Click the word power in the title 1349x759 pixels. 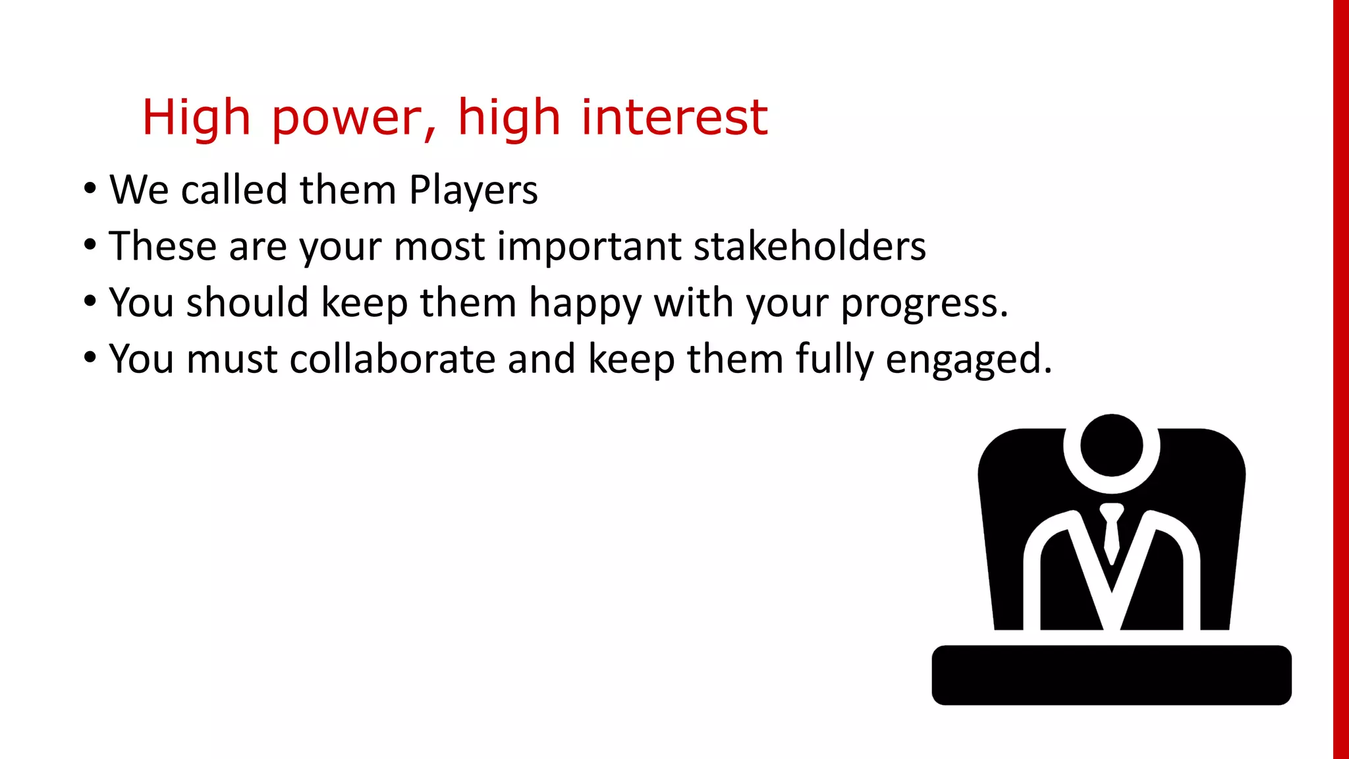[x=354, y=119]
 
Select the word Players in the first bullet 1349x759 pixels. [x=473, y=191]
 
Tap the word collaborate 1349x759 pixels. [x=392, y=360]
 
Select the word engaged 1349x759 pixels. [x=968, y=360]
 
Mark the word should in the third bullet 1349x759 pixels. [x=248, y=303]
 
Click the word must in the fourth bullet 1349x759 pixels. [x=232, y=360]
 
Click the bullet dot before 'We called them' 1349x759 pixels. [x=90, y=190]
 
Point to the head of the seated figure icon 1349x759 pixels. [x=1111, y=445]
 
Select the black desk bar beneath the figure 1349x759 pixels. [x=1111, y=675]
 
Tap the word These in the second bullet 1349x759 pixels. [x=163, y=246]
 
